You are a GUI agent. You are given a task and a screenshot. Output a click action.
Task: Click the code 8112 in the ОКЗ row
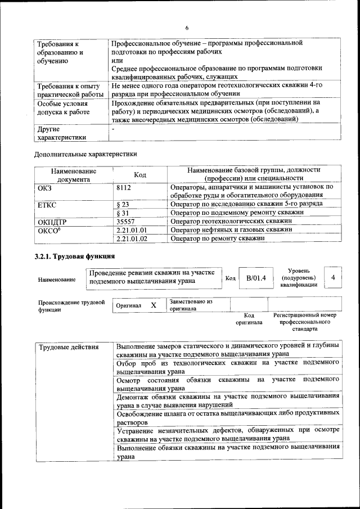[124, 187]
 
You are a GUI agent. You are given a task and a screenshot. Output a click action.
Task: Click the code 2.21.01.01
[131, 230]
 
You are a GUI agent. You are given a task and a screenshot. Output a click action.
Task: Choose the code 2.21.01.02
[131, 239]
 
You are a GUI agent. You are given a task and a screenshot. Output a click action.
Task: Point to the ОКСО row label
[49, 230]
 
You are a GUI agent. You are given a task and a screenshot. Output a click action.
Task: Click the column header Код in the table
[140, 175]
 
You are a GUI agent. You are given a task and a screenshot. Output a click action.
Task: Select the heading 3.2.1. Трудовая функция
[72, 256]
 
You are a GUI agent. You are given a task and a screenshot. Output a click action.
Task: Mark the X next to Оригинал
[153, 305]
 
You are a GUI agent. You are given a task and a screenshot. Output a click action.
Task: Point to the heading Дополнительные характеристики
[85, 154]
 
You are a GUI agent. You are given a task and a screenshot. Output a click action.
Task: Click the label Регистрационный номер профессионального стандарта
[304, 322]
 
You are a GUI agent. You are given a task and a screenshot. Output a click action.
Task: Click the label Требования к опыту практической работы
[69, 91]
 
